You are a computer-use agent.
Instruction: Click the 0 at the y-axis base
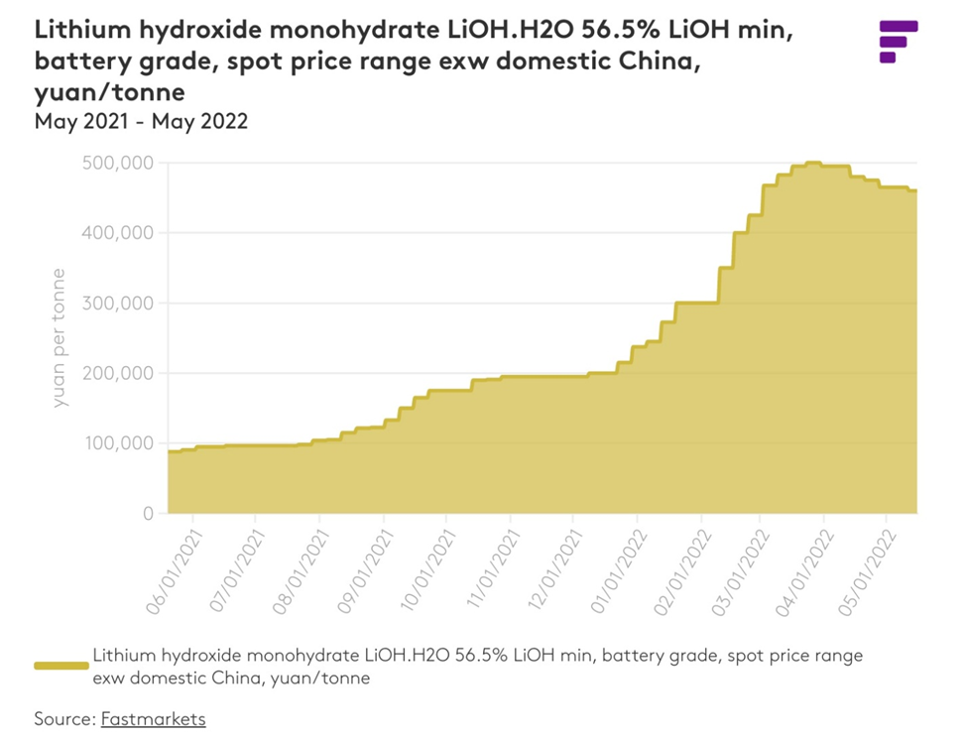click(x=146, y=514)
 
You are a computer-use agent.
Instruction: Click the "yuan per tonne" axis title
click(x=60, y=337)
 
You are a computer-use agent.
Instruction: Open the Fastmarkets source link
click(x=153, y=718)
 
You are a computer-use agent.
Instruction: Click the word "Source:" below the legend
click(x=64, y=718)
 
